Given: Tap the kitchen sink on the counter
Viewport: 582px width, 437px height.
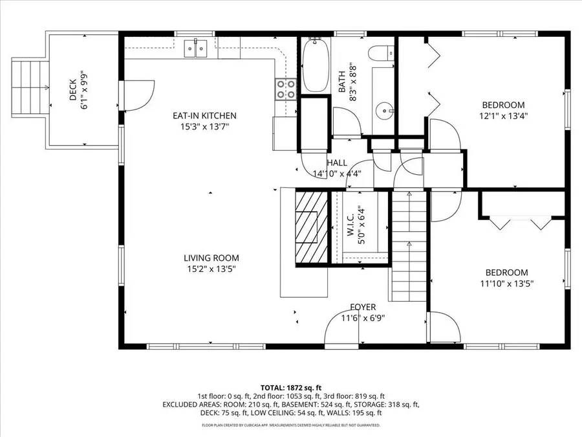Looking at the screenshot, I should (195, 47).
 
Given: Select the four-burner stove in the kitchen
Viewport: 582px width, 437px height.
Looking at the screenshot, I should (286, 89).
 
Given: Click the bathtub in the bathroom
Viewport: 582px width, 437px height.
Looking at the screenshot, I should (316, 67).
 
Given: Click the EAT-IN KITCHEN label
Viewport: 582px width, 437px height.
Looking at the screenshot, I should (204, 116).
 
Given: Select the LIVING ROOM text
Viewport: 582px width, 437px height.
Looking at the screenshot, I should (208, 258).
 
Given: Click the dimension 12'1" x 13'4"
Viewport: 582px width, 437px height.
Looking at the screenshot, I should (503, 116).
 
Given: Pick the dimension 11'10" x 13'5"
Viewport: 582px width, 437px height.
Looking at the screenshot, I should (507, 283).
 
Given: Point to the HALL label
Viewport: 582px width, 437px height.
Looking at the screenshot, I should (337, 163).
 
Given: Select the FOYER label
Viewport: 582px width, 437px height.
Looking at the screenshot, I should (363, 307).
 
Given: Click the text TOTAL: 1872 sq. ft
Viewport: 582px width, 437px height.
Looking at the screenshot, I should (290, 386).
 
